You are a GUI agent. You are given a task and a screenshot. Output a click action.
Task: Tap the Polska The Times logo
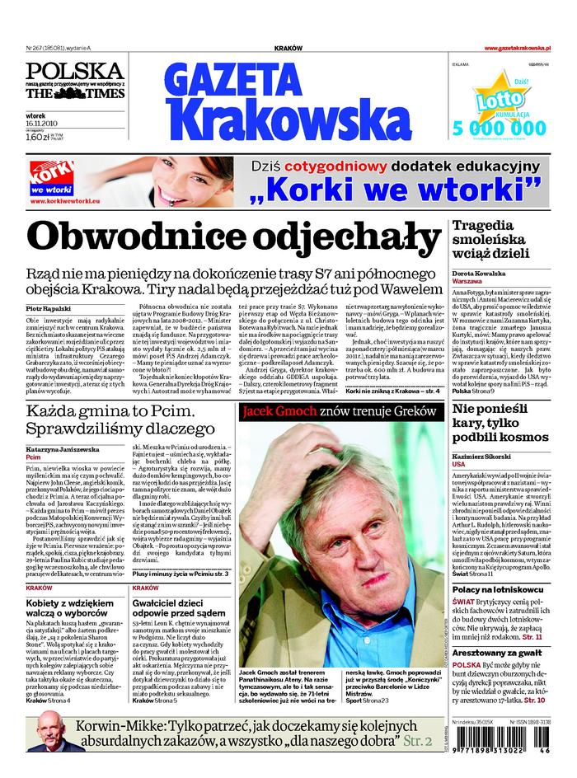75,81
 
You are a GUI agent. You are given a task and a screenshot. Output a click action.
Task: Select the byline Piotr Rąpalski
46,307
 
